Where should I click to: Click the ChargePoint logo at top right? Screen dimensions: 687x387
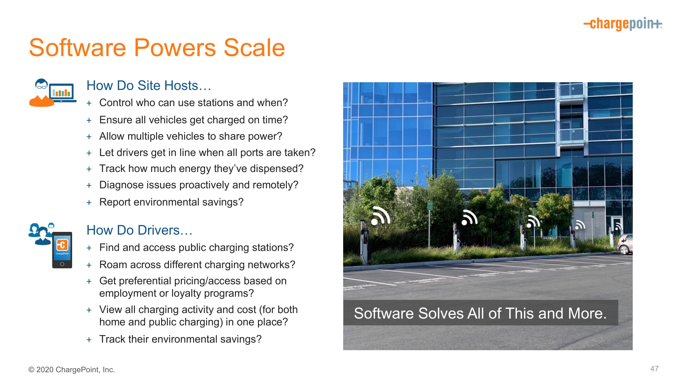click(x=623, y=24)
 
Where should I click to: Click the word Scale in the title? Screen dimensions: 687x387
click(x=254, y=47)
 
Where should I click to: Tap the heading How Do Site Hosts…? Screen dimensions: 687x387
click(x=149, y=85)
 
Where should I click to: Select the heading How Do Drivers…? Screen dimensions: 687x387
click(x=139, y=230)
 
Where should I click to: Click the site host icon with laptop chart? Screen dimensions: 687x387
click(x=53, y=93)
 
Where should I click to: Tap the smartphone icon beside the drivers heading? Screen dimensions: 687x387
click(x=62, y=250)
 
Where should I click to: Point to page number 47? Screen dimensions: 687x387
click(x=654, y=369)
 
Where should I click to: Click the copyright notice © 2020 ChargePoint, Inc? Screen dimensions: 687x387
click(x=71, y=369)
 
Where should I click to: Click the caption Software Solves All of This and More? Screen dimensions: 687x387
click(x=480, y=313)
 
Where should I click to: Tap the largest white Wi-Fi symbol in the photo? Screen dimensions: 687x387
click(x=381, y=216)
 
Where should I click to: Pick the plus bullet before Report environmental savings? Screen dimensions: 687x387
click(x=89, y=203)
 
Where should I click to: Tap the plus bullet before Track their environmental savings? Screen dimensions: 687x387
click(x=89, y=340)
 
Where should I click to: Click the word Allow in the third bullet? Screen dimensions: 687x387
click(x=112, y=136)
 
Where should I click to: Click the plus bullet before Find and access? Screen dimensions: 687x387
click(x=89, y=248)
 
